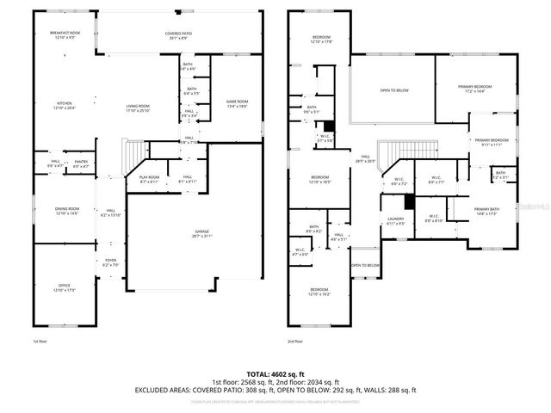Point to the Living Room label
(x=138, y=108)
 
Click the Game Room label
(x=237, y=102)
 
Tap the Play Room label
(x=150, y=180)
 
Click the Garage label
(x=202, y=234)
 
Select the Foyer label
(x=111, y=262)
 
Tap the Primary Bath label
(x=486, y=211)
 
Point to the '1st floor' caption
(x=39, y=342)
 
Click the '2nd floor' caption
(x=297, y=342)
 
